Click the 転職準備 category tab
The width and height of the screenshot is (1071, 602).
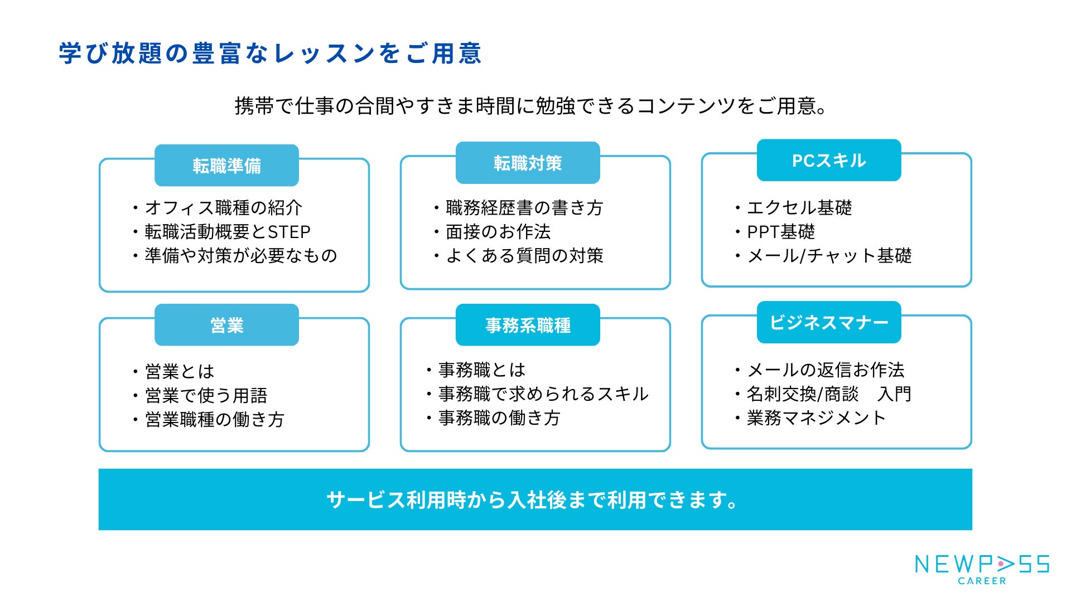point(226,166)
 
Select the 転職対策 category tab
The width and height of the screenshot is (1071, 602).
point(528,163)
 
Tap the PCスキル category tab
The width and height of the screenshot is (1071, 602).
point(829,161)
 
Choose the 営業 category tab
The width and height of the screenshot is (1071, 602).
point(226,325)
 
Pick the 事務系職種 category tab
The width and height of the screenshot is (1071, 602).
point(528,325)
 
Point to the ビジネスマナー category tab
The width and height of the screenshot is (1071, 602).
point(829,322)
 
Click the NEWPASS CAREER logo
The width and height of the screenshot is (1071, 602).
point(982,569)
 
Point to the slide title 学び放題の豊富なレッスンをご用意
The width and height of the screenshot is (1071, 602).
point(270,54)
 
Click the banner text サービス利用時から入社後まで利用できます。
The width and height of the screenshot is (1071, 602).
point(532,500)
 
